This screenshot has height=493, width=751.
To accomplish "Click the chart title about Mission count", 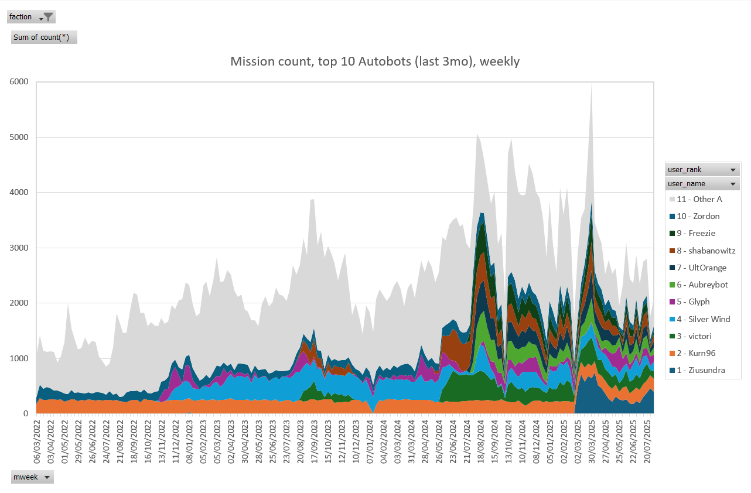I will [375, 61].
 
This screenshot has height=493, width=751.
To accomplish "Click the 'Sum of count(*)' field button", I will [45, 37].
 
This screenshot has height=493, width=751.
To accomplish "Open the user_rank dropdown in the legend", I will [732, 170].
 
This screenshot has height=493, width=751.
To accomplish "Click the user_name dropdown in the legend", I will [732, 184].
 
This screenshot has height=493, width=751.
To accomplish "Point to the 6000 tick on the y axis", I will [19, 82].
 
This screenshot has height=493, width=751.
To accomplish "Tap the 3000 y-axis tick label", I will [19, 248].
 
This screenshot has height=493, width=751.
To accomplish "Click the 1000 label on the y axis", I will [19, 358].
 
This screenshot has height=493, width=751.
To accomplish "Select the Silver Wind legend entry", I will [703, 319].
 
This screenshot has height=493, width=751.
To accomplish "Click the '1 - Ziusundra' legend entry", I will [701, 370].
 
